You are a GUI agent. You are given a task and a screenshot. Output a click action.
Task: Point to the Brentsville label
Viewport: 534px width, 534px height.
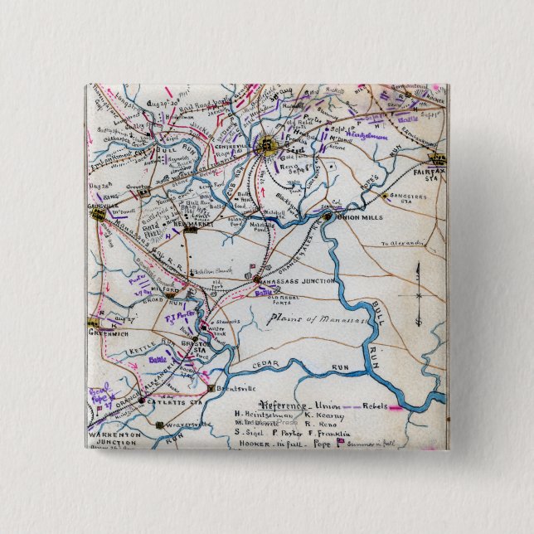tap(233, 388)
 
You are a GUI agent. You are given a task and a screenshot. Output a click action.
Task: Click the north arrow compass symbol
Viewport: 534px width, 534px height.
tap(419, 294)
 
